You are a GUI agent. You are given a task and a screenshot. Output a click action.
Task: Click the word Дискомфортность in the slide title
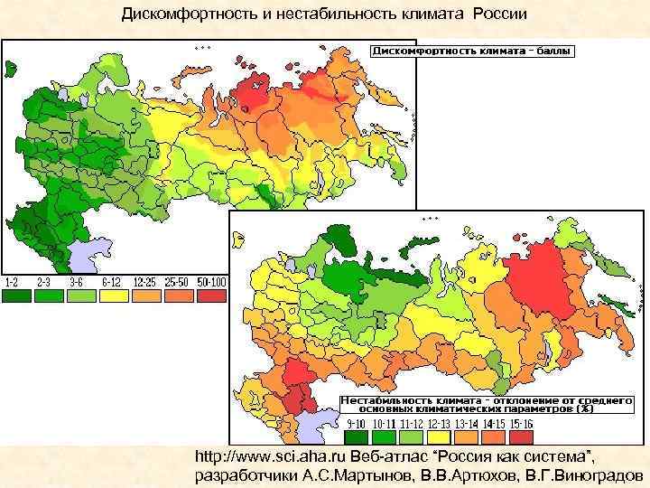coord(181,15)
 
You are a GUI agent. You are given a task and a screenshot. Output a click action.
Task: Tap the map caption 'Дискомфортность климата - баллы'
coord(471,52)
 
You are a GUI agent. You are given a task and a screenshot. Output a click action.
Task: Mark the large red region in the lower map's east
coord(541,281)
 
